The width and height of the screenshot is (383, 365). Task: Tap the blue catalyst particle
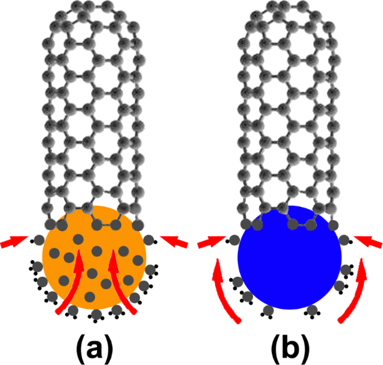[290, 261]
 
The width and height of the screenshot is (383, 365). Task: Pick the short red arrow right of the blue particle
[369, 242]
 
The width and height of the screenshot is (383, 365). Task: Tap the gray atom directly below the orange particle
[95, 313]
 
